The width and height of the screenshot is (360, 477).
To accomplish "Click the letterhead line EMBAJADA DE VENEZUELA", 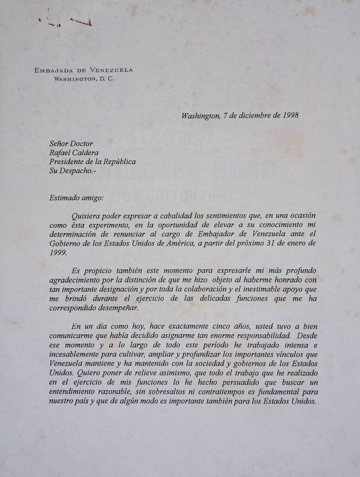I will (84, 70).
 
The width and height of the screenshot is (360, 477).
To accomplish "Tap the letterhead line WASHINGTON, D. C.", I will (84, 79).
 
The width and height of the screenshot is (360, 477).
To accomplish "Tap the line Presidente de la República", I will (92, 162).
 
